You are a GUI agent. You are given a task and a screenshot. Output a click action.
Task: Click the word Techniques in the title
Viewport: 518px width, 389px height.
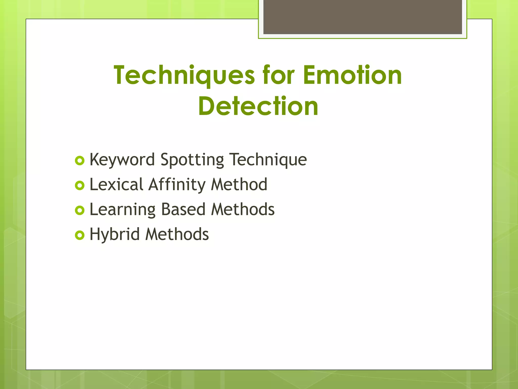coord(184,75)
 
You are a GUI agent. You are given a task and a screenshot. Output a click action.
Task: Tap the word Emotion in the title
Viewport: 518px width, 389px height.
coord(352,75)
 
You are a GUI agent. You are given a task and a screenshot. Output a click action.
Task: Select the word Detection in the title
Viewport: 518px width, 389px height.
coord(258,106)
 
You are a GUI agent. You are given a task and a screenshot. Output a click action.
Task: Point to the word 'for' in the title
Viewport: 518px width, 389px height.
coord(278,75)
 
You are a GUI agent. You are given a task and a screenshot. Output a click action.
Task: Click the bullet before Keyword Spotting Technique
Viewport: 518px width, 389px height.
coord(80,161)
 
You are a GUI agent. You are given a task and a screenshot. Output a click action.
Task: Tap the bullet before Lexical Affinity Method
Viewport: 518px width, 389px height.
coord(80,186)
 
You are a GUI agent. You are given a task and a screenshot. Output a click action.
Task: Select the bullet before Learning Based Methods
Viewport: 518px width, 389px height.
coord(80,210)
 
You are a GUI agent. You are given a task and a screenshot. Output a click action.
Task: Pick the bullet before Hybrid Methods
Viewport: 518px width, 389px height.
coord(80,235)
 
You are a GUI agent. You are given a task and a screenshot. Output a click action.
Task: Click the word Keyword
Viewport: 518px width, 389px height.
coord(122,160)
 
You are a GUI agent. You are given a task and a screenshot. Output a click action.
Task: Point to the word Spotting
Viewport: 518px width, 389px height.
coord(192,160)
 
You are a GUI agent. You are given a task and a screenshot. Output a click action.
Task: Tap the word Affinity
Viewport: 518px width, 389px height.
coord(177,185)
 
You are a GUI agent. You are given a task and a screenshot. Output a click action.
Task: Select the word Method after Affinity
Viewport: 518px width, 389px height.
coord(239,184)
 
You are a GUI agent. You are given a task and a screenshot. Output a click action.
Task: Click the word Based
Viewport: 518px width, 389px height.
coord(183,209)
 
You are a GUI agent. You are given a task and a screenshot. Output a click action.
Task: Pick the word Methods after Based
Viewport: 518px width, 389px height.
coord(243,209)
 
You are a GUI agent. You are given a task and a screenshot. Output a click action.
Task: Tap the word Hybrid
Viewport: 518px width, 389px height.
coord(115,234)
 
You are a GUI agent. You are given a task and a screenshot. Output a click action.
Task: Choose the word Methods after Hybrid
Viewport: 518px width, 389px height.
coord(177,234)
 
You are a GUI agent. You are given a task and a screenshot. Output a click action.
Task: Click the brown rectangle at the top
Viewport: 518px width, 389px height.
coord(362,17)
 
